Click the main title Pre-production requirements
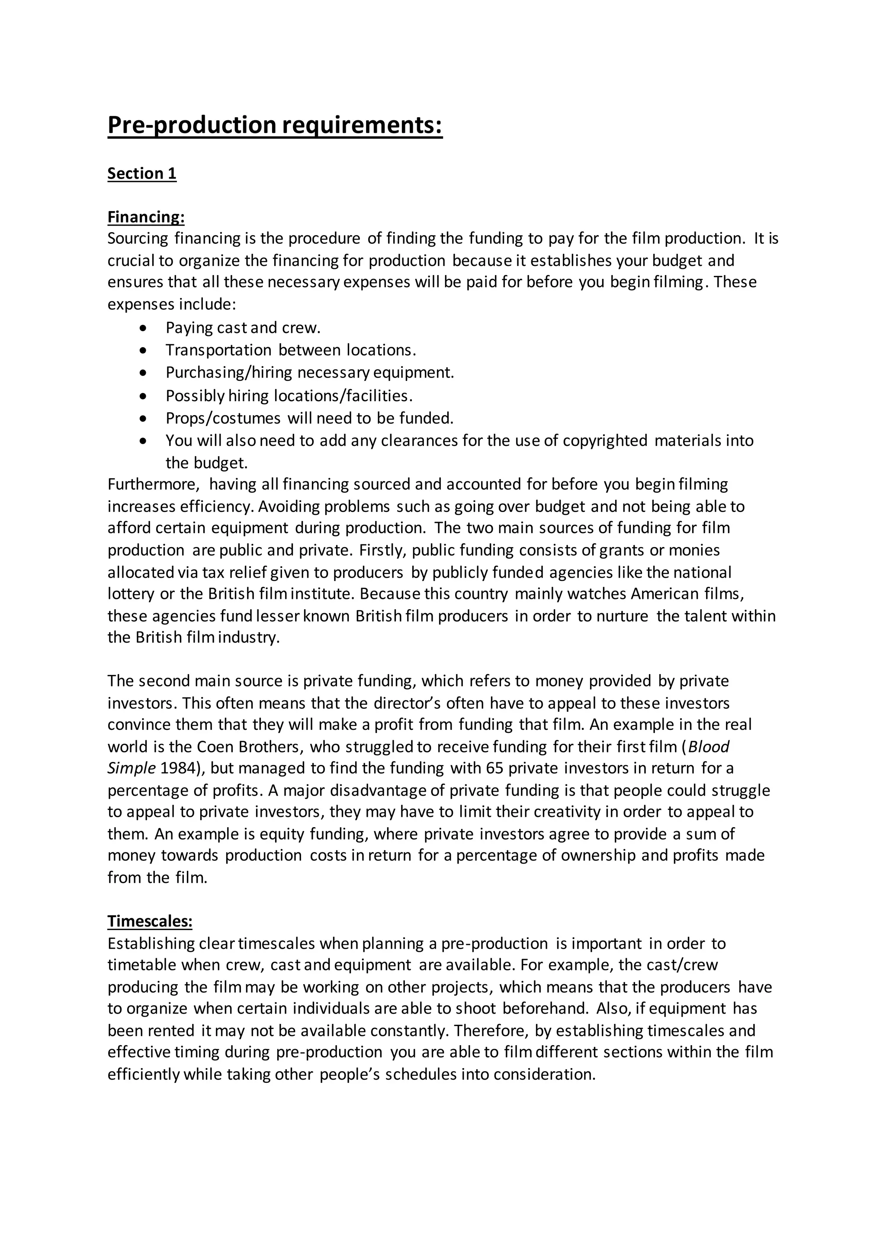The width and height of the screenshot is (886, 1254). click(274, 125)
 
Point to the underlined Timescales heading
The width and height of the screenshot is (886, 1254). click(150, 921)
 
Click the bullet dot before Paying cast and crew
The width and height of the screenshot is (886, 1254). click(143, 328)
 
